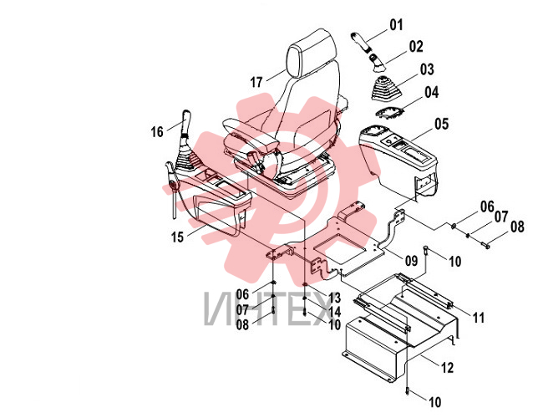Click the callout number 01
pyautogui.click(x=397, y=25)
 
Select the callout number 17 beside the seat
pyautogui.click(x=256, y=83)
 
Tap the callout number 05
pyautogui.click(x=442, y=125)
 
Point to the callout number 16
pyautogui.click(x=157, y=132)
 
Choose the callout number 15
pyautogui.click(x=177, y=237)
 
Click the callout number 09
pyautogui.click(x=411, y=261)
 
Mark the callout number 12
pyautogui.click(x=447, y=367)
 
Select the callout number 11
pyautogui.click(x=478, y=318)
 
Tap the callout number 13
pyautogui.click(x=334, y=298)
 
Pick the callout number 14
pyautogui.click(x=334, y=311)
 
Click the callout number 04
pyautogui.click(x=432, y=93)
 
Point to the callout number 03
pyautogui.click(x=427, y=69)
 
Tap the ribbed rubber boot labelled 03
pyautogui.click(x=386, y=89)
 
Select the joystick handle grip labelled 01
pyautogui.click(x=360, y=41)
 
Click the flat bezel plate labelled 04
pyautogui.click(x=389, y=113)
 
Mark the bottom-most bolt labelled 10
pyautogui.click(x=408, y=390)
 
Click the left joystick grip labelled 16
pyautogui.click(x=185, y=120)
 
